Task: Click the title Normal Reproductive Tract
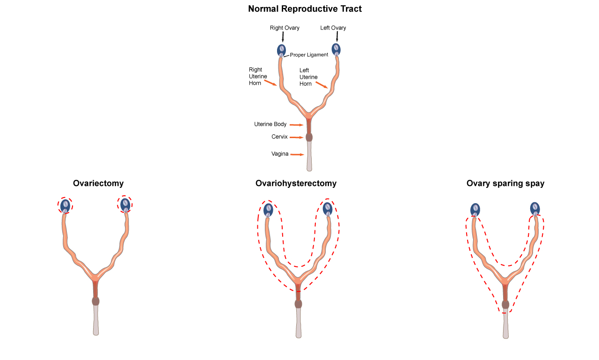click(305, 9)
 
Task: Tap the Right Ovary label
click(285, 28)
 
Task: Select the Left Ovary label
click(333, 28)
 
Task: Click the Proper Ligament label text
click(309, 55)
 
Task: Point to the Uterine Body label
click(270, 125)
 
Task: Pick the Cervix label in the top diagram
click(279, 137)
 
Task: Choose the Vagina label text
click(280, 154)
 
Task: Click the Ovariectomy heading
click(98, 184)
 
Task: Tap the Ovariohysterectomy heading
click(296, 184)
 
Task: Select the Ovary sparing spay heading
click(505, 184)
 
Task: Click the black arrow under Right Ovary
click(283, 37)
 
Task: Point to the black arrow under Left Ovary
click(337, 37)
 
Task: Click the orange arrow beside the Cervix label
click(296, 137)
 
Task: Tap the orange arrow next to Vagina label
click(297, 154)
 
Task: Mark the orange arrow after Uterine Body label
click(297, 125)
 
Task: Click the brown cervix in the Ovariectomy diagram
click(95, 301)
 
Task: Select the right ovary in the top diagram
click(282, 50)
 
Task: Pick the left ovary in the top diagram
click(336, 49)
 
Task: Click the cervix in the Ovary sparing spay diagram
click(505, 305)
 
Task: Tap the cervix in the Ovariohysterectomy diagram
click(298, 304)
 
